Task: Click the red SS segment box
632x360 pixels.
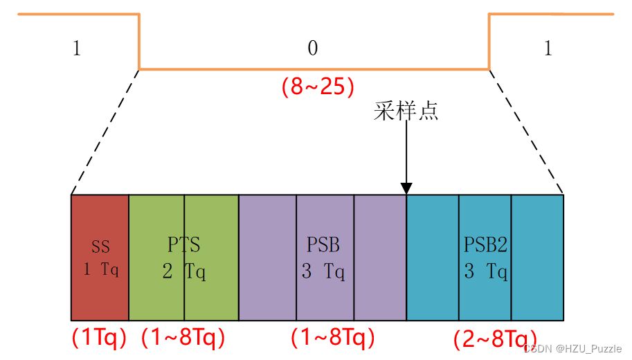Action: (x=100, y=258)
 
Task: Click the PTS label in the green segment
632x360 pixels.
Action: (x=184, y=244)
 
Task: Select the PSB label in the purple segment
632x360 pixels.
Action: (x=323, y=244)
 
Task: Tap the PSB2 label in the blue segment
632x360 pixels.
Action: (x=485, y=244)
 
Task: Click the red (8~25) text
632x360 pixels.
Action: (x=318, y=87)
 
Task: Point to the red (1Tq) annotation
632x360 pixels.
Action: (x=99, y=337)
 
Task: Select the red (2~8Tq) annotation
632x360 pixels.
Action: (x=496, y=339)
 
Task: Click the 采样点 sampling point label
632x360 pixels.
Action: (x=406, y=111)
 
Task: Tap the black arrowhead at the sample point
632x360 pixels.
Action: (x=406, y=188)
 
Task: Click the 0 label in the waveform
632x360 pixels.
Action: (x=313, y=48)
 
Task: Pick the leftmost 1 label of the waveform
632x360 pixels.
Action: (x=77, y=48)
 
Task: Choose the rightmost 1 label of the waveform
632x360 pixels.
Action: (x=548, y=48)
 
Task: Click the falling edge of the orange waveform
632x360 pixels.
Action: (x=139, y=42)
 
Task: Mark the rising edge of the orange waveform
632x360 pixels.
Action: (x=489, y=42)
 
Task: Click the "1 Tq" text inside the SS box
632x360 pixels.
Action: (x=101, y=269)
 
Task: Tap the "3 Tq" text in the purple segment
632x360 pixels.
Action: (x=323, y=271)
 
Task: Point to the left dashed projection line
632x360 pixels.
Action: (x=105, y=132)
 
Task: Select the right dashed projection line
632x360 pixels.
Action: (x=526, y=132)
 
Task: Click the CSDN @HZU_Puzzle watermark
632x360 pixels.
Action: (x=572, y=348)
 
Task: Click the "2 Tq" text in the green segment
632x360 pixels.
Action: (x=184, y=271)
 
